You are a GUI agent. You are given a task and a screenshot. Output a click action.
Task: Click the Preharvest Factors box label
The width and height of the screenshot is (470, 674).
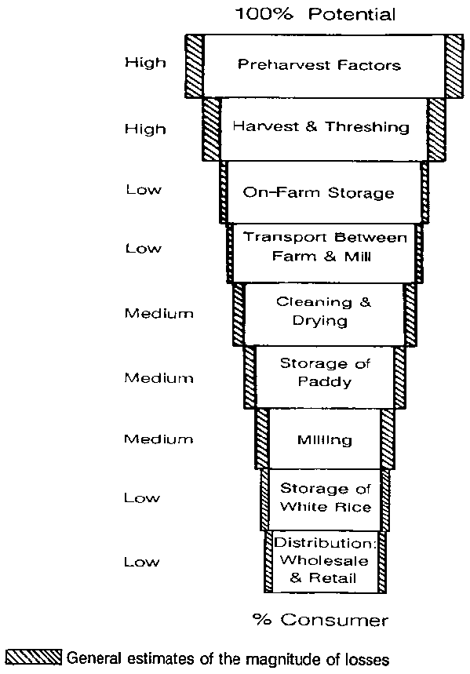[319, 65]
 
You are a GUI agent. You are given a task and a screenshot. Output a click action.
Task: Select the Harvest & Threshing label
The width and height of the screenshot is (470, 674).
[321, 127]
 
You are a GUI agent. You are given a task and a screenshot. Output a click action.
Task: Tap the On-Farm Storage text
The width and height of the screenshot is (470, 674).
[319, 192]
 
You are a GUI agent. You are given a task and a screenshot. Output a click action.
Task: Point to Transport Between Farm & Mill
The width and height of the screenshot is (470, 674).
[325, 246]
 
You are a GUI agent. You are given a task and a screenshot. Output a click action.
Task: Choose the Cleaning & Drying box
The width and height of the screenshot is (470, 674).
[325, 314]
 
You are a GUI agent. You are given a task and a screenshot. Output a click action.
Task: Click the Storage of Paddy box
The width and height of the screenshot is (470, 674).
[325, 377]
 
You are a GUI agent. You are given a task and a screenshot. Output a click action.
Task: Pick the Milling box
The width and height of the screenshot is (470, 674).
[325, 439]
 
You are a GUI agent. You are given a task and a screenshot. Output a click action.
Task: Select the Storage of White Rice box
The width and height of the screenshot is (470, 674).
[325, 500]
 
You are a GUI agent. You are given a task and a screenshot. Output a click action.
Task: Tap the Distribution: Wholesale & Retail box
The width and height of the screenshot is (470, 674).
[325, 562]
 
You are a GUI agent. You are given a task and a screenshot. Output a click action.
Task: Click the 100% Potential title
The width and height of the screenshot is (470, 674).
[315, 14]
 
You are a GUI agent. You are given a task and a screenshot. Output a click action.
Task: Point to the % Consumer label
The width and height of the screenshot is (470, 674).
[320, 620]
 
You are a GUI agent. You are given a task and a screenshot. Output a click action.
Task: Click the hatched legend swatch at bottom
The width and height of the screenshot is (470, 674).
[34, 658]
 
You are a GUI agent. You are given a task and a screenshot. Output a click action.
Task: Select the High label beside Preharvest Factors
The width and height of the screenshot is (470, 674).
[145, 63]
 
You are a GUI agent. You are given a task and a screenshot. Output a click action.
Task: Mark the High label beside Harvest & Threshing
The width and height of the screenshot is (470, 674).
[145, 129]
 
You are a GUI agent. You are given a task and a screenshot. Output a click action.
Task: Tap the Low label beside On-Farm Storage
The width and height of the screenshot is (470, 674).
[144, 190]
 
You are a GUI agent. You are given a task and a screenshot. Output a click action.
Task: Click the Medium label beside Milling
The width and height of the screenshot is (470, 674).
[158, 439]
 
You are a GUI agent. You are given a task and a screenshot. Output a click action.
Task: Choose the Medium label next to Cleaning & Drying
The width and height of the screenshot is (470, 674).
[159, 313]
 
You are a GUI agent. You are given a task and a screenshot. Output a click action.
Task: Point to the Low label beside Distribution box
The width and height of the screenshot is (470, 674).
[142, 562]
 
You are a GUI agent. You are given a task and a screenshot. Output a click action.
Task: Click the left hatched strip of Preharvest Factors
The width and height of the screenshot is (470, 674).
[195, 66]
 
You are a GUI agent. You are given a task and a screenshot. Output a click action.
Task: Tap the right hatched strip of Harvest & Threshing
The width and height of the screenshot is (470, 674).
[437, 129]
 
